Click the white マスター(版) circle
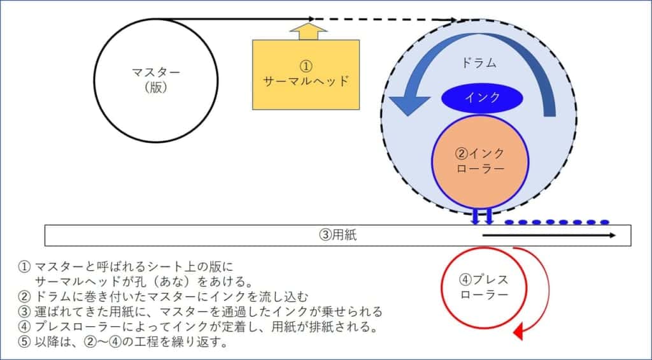pyautogui.click(x=156, y=80)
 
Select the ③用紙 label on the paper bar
pyautogui.click(x=338, y=234)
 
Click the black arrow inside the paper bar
pyautogui.click(x=548, y=236)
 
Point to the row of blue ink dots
pyautogui.click(x=557, y=222)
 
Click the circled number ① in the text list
pyautogui.click(x=25, y=267)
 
